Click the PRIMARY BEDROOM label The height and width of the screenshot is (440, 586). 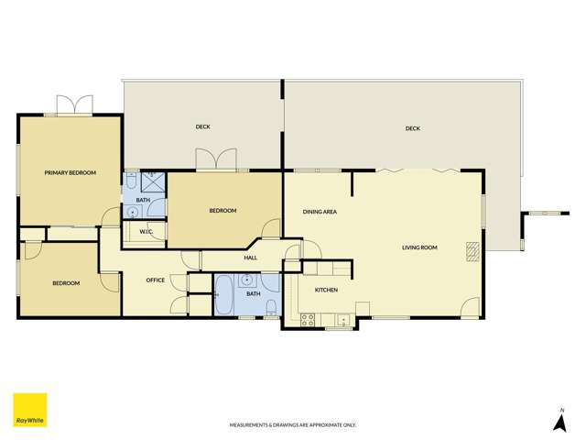[x=71, y=172]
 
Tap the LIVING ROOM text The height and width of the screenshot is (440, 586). [x=419, y=247]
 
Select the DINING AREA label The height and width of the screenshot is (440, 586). [x=320, y=212]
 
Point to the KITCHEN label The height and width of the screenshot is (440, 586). [x=327, y=290]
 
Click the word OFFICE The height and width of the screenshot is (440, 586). [x=156, y=280]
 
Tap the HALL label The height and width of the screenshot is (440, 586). [x=251, y=258]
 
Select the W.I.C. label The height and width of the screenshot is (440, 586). [x=146, y=232]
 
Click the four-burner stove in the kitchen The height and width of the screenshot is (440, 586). [x=308, y=319]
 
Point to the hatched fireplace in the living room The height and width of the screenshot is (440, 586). [x=472, y=251]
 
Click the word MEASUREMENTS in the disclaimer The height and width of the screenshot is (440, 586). [x=251, y=425]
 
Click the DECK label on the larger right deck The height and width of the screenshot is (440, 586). [x=413, y=128]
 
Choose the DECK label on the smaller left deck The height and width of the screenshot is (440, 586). [x=203, y=126]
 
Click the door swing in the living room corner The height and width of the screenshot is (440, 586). [x=470, y=309]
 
